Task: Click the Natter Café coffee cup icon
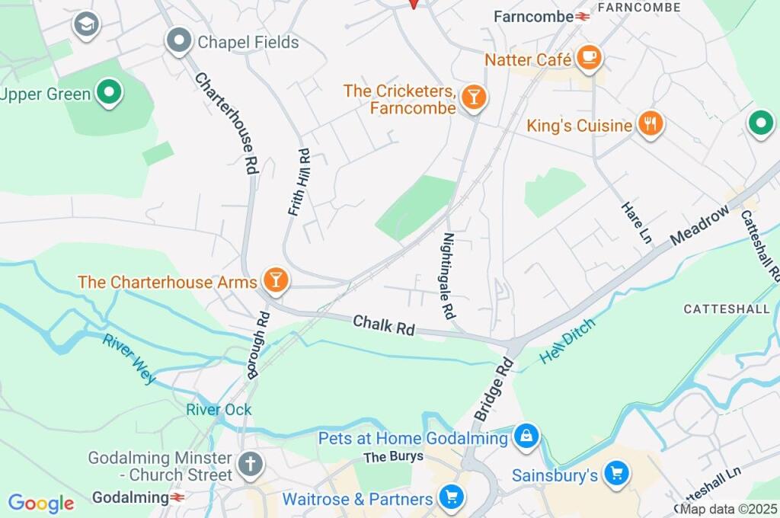coord(589,58)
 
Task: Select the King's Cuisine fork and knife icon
coord(650,124)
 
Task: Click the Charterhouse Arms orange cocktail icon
coord(275,281)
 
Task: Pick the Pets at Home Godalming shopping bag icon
coord(526,437)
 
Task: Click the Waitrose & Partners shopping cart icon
coord(452,498)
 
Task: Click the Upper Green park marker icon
coord(110,94)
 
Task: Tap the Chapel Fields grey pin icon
coord(179,41)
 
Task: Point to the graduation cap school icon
coord(86,25)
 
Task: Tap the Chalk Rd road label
coord(384,325)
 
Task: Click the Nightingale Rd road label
coord(449,275)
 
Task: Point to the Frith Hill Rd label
coord(299,182)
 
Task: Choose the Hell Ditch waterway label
coord(567,341)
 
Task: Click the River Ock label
coord(219,410)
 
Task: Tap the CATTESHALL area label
coord(720,309)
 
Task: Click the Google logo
coord(41,504)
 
